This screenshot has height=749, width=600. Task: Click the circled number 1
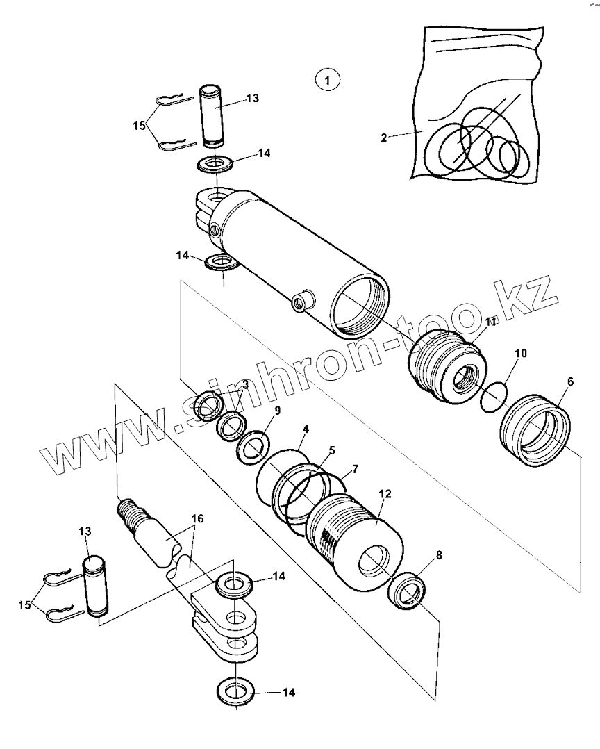(x=327, y=79)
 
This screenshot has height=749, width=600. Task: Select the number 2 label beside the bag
(x=383, y=138)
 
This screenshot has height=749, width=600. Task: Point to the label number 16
(x=197, y=518)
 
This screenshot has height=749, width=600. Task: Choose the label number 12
(x=385, y=494)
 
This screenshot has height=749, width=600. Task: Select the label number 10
(x=521, y=354)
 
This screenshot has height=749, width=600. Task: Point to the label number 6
(x=570, y=381)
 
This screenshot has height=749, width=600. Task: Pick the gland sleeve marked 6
(x=535, y=433)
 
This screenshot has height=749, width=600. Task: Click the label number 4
(x=304, y=429)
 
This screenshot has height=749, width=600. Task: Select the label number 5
(x=332, y=450)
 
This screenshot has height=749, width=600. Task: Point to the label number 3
(x=246, y=384)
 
